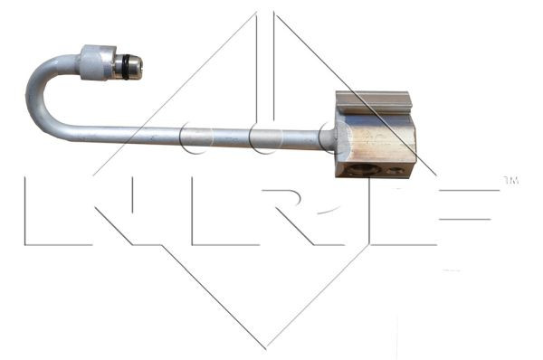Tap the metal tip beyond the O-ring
coord(137,65)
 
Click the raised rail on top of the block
coord(373,101)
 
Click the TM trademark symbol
coord(510,182)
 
